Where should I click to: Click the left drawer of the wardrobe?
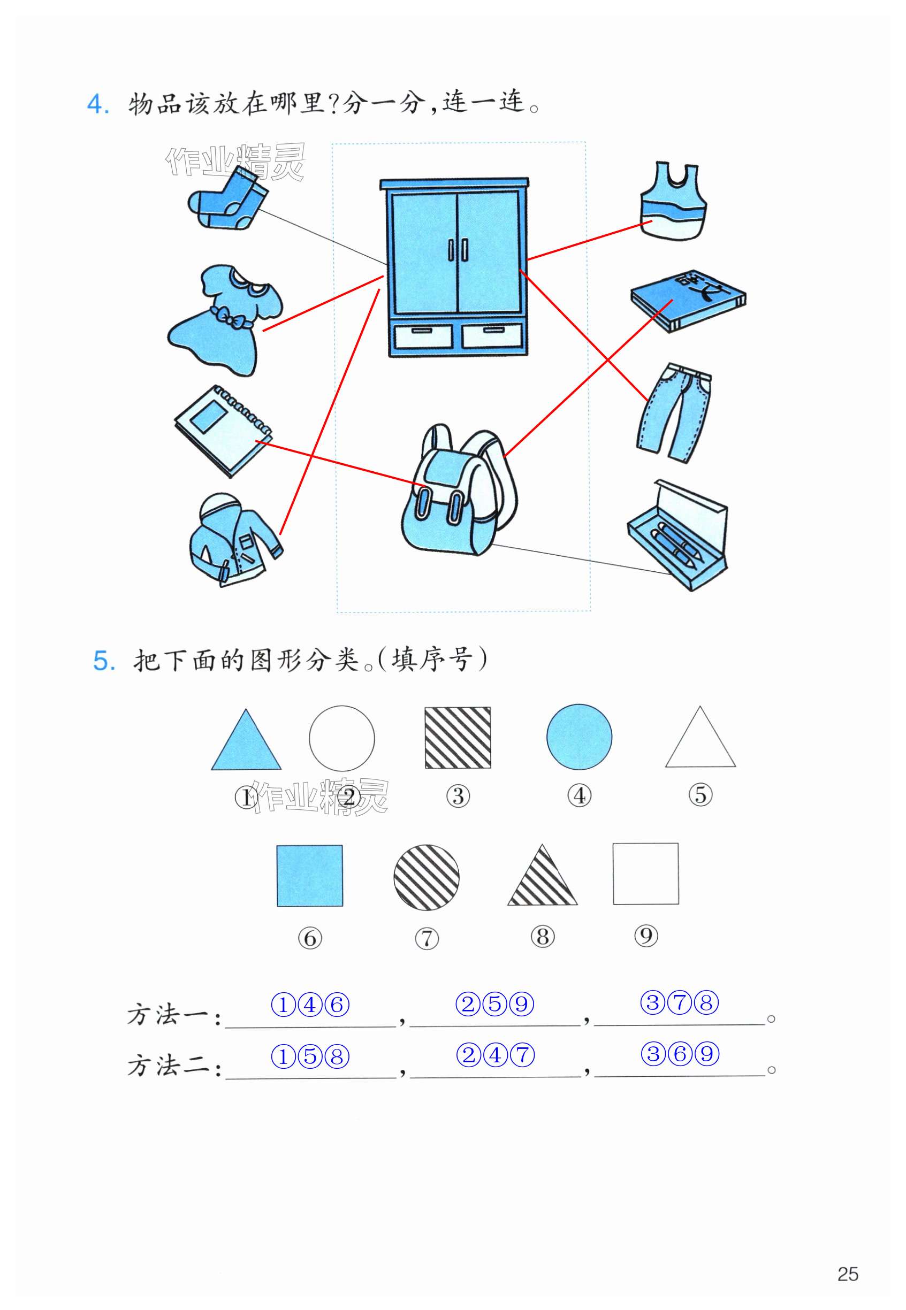pyautogui.click(x=422, y=336)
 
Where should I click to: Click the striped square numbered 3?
pyautogui.click(x=458, y=738)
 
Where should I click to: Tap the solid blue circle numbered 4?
pyautogui.click(x=579, y=737)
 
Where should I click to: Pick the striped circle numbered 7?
pyautogui.click(x=427, y=877)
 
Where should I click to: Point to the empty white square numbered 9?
pyautogui.click(x=645, y=874)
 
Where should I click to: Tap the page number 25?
pyautogui.click(x=848, y=1273)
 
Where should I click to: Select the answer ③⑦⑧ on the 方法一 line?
pyautogui.click(x=680, y=1002)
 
